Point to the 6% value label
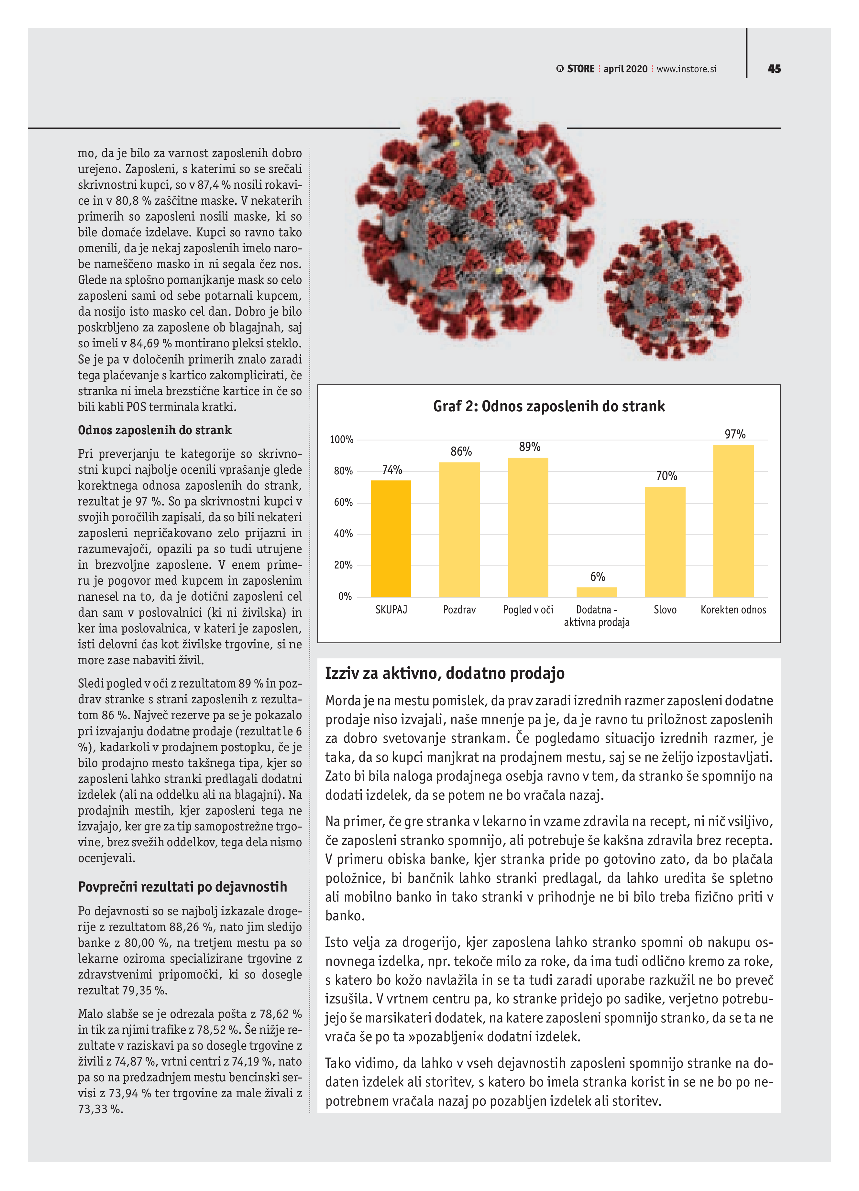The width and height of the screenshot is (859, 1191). click(x=597, y=577)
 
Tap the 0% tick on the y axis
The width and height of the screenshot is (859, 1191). click(x=345, y=597)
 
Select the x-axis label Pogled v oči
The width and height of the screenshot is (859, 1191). click(x=528, y=610)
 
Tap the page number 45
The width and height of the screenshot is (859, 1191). click(x=774, y=69)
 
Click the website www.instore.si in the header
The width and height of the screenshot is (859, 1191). click(x=686, y=69)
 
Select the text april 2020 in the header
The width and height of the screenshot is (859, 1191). click(x=625, y=69)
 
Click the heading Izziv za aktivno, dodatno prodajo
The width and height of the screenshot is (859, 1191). click(x=445, y=673)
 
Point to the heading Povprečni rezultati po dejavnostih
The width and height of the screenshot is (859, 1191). click(x=182, y=887)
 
